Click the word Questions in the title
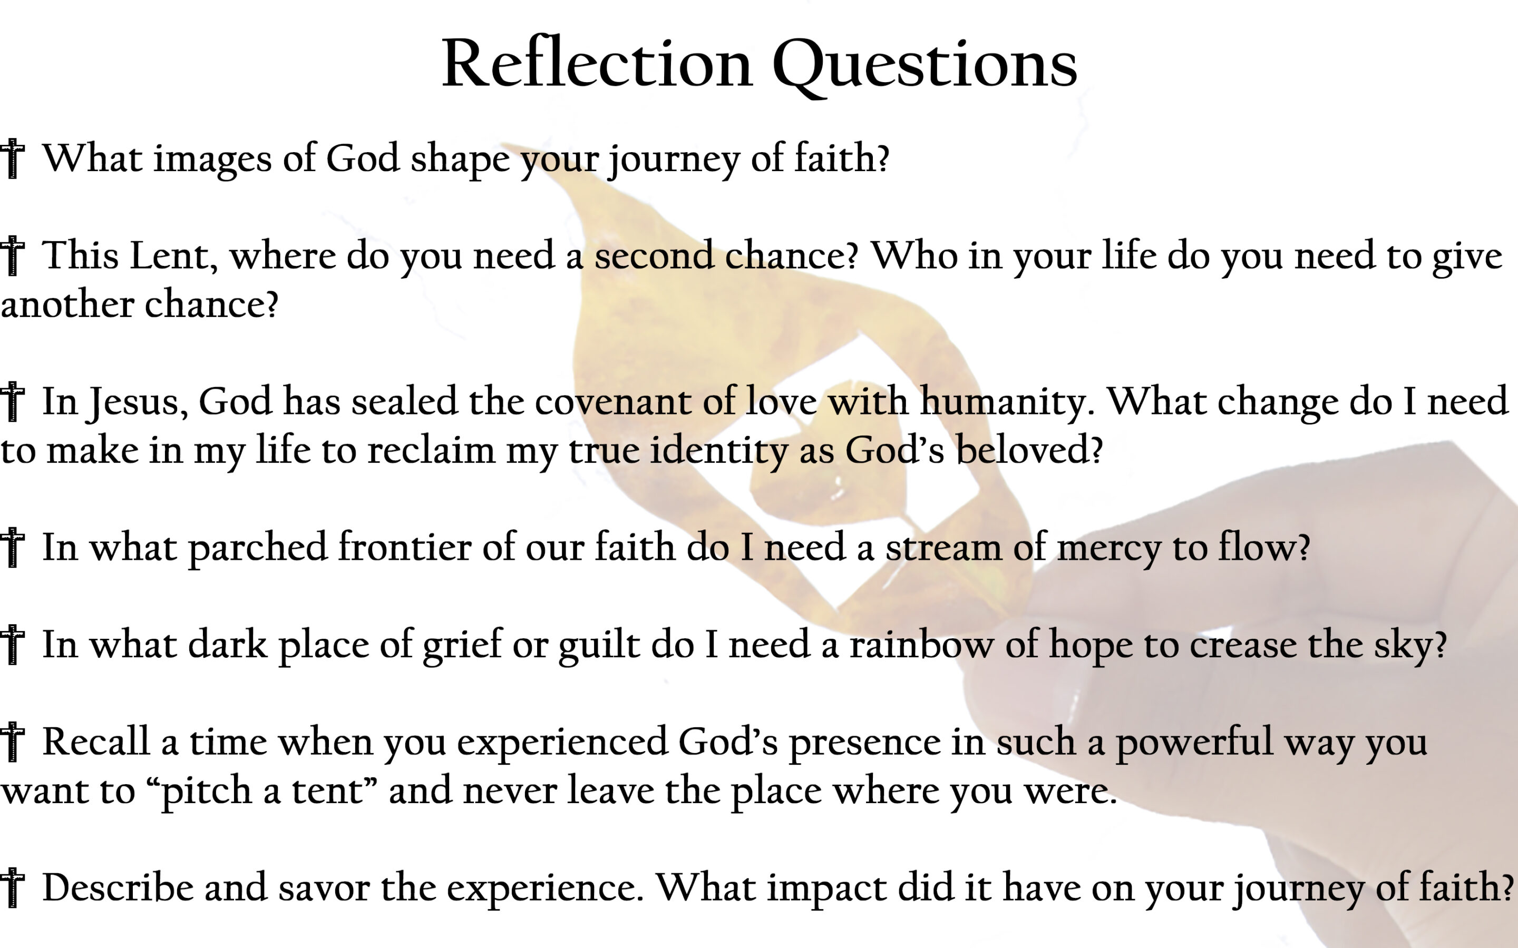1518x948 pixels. click(x=925, y=66)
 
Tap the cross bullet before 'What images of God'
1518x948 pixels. click(x=12, y=159)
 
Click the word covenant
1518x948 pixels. click(x=613, y=402)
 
